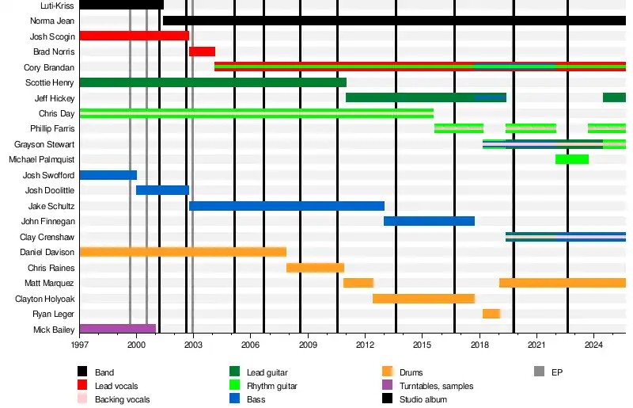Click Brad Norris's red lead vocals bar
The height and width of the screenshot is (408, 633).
click(202, 51)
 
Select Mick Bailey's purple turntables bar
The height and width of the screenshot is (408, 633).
click(118, 329)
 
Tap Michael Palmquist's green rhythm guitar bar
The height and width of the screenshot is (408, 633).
click(572, 159)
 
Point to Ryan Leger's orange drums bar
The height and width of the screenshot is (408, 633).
click(491, 314)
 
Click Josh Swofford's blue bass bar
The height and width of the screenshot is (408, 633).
click(108, 175)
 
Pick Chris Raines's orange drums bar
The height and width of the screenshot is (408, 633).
click(315, 268)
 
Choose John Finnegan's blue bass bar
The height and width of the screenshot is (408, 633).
click(429, 221)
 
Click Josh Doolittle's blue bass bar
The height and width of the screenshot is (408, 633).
click(162, 190)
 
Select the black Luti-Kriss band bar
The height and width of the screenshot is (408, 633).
click(122, 5)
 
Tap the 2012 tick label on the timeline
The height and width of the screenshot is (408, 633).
click(366, 345)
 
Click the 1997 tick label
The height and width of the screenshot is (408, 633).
click(80, 345)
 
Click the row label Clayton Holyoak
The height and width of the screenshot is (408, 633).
click(45, 299)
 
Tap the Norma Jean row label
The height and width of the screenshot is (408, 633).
click(52, 21)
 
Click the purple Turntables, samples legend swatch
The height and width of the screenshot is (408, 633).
click(388, 386)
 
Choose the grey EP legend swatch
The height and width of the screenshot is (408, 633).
click(539, 372)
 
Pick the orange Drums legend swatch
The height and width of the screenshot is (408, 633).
click(388, 372)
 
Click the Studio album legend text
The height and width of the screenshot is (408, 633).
click(426, 399)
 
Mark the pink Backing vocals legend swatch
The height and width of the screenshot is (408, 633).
click(82, 399)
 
